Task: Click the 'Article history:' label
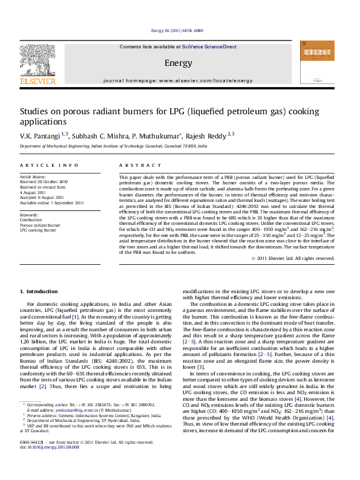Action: point(33,176)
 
